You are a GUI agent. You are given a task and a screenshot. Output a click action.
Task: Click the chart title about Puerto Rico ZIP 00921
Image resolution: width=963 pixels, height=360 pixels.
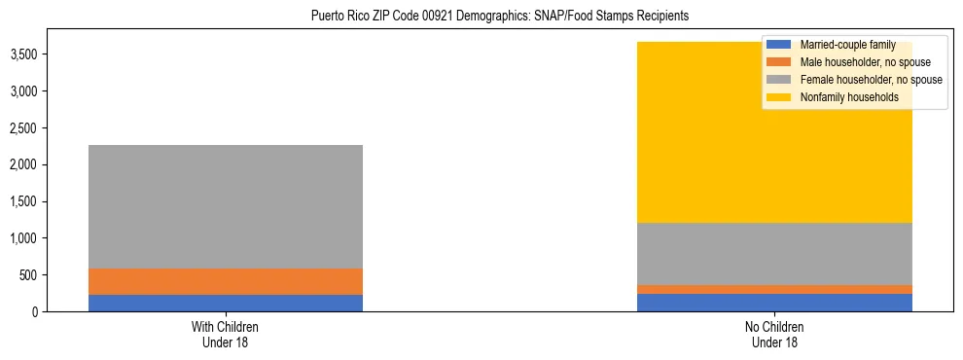pos(499,16)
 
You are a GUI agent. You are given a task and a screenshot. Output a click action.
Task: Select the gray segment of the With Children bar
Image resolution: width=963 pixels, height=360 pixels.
pos(226,206)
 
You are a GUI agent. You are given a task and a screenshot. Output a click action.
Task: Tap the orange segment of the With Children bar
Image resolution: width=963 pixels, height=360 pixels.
pos(226,281)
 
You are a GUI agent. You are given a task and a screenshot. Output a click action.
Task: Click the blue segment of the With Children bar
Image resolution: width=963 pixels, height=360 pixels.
pos(226,303)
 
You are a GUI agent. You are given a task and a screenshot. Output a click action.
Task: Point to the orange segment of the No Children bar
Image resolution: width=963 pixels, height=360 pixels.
pos(774,289)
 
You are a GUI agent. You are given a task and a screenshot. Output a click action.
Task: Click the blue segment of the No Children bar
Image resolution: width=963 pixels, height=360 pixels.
pos(774,303)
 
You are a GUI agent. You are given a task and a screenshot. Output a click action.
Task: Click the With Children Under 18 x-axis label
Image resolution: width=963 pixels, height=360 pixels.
pos(226,334)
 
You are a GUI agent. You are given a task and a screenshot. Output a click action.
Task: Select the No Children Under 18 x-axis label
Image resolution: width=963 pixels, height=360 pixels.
pos(774,334)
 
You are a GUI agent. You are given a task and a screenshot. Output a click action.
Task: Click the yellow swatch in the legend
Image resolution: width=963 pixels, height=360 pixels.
pos(779,97)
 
